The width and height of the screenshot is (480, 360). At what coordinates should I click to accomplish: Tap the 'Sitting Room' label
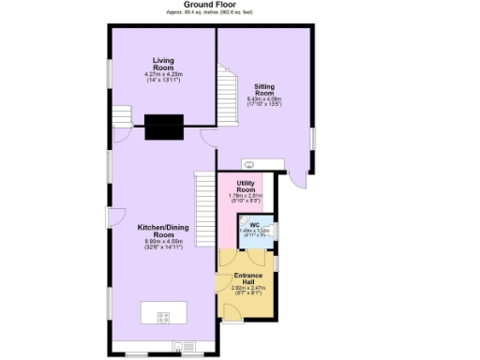point(264,90)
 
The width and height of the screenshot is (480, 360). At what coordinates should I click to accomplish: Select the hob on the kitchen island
point(164,315)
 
